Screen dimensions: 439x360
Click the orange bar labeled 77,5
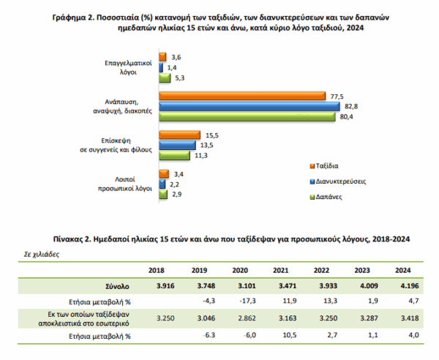point(242,96)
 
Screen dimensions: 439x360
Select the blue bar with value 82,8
point(249,106)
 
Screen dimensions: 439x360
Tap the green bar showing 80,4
point(247,117)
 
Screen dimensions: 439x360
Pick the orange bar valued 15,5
point(180,135)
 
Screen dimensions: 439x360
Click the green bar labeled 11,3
point(174,155)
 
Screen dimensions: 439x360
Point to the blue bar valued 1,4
point(161,68)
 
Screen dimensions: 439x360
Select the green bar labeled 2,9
point(163,195)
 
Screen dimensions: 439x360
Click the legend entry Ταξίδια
point(324,166)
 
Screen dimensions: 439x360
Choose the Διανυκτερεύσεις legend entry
point(338,181)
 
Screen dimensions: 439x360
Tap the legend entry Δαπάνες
point(326,197)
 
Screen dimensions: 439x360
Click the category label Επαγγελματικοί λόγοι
point(128,67)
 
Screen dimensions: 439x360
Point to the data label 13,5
point(206,146)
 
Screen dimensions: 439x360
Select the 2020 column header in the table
point(240,271)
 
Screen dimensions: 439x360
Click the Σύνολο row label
point(117,286)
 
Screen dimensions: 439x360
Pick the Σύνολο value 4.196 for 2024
point(410,286)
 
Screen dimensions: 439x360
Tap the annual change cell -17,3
point(247,301)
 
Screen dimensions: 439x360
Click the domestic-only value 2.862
point(247,318)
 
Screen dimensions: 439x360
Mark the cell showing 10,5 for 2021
point(290,335)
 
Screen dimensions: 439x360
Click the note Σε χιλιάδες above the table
point(42,255)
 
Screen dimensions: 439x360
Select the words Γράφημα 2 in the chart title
point(73,18)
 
